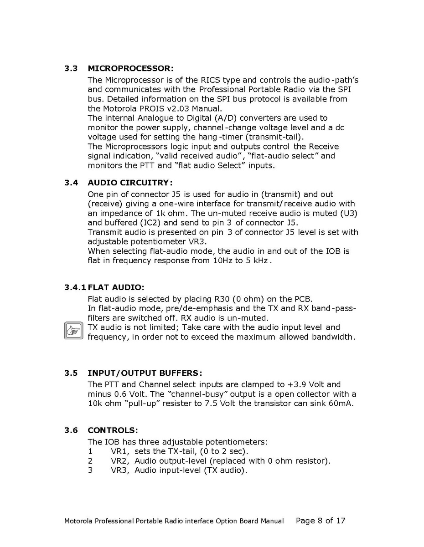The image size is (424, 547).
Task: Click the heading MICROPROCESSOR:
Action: tap(130, 69)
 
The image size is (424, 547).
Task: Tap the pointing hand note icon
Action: tap(73, 331)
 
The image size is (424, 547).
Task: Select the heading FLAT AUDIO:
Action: tap(116, 287)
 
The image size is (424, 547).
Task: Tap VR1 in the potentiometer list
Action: tap(120, 451)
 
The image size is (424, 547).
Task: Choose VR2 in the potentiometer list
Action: tap(120, 461)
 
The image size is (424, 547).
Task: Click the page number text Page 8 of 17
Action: tap(321, 521)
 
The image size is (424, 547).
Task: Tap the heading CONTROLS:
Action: tap(113, 430)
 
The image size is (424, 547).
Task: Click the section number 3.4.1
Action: tap(75, 287)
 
